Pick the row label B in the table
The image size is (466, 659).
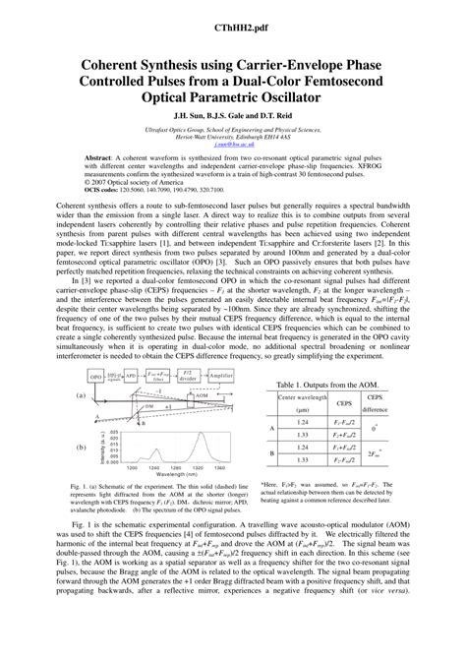coord(273,451)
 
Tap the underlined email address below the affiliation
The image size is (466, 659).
coord(233,142)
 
